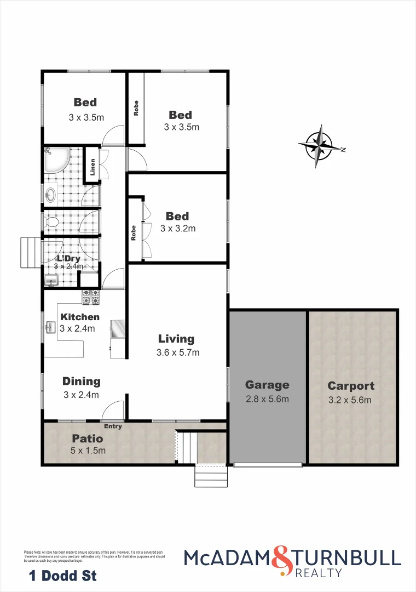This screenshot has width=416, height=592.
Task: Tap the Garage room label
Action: coord(267,385)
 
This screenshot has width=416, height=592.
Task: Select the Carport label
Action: coord(351,386)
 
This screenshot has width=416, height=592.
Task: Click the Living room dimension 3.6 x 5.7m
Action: coord(178,352)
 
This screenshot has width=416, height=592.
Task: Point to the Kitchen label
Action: coord(80,317)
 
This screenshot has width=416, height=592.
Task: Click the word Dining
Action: coord(81,382)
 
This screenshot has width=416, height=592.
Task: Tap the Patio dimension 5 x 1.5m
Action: coord(88,451)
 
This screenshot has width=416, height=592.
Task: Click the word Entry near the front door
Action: coord(113,426)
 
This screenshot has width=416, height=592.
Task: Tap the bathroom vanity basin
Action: coord(51,193)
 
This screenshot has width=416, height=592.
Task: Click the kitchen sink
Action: coord(51,327)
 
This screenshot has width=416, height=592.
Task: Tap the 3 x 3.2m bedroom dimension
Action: coord(178,229)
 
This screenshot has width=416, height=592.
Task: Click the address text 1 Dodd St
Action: coord(62,576)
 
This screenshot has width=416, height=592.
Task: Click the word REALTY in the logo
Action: coord(319,573)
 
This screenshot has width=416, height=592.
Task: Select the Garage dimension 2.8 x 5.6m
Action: coord(267,399)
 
